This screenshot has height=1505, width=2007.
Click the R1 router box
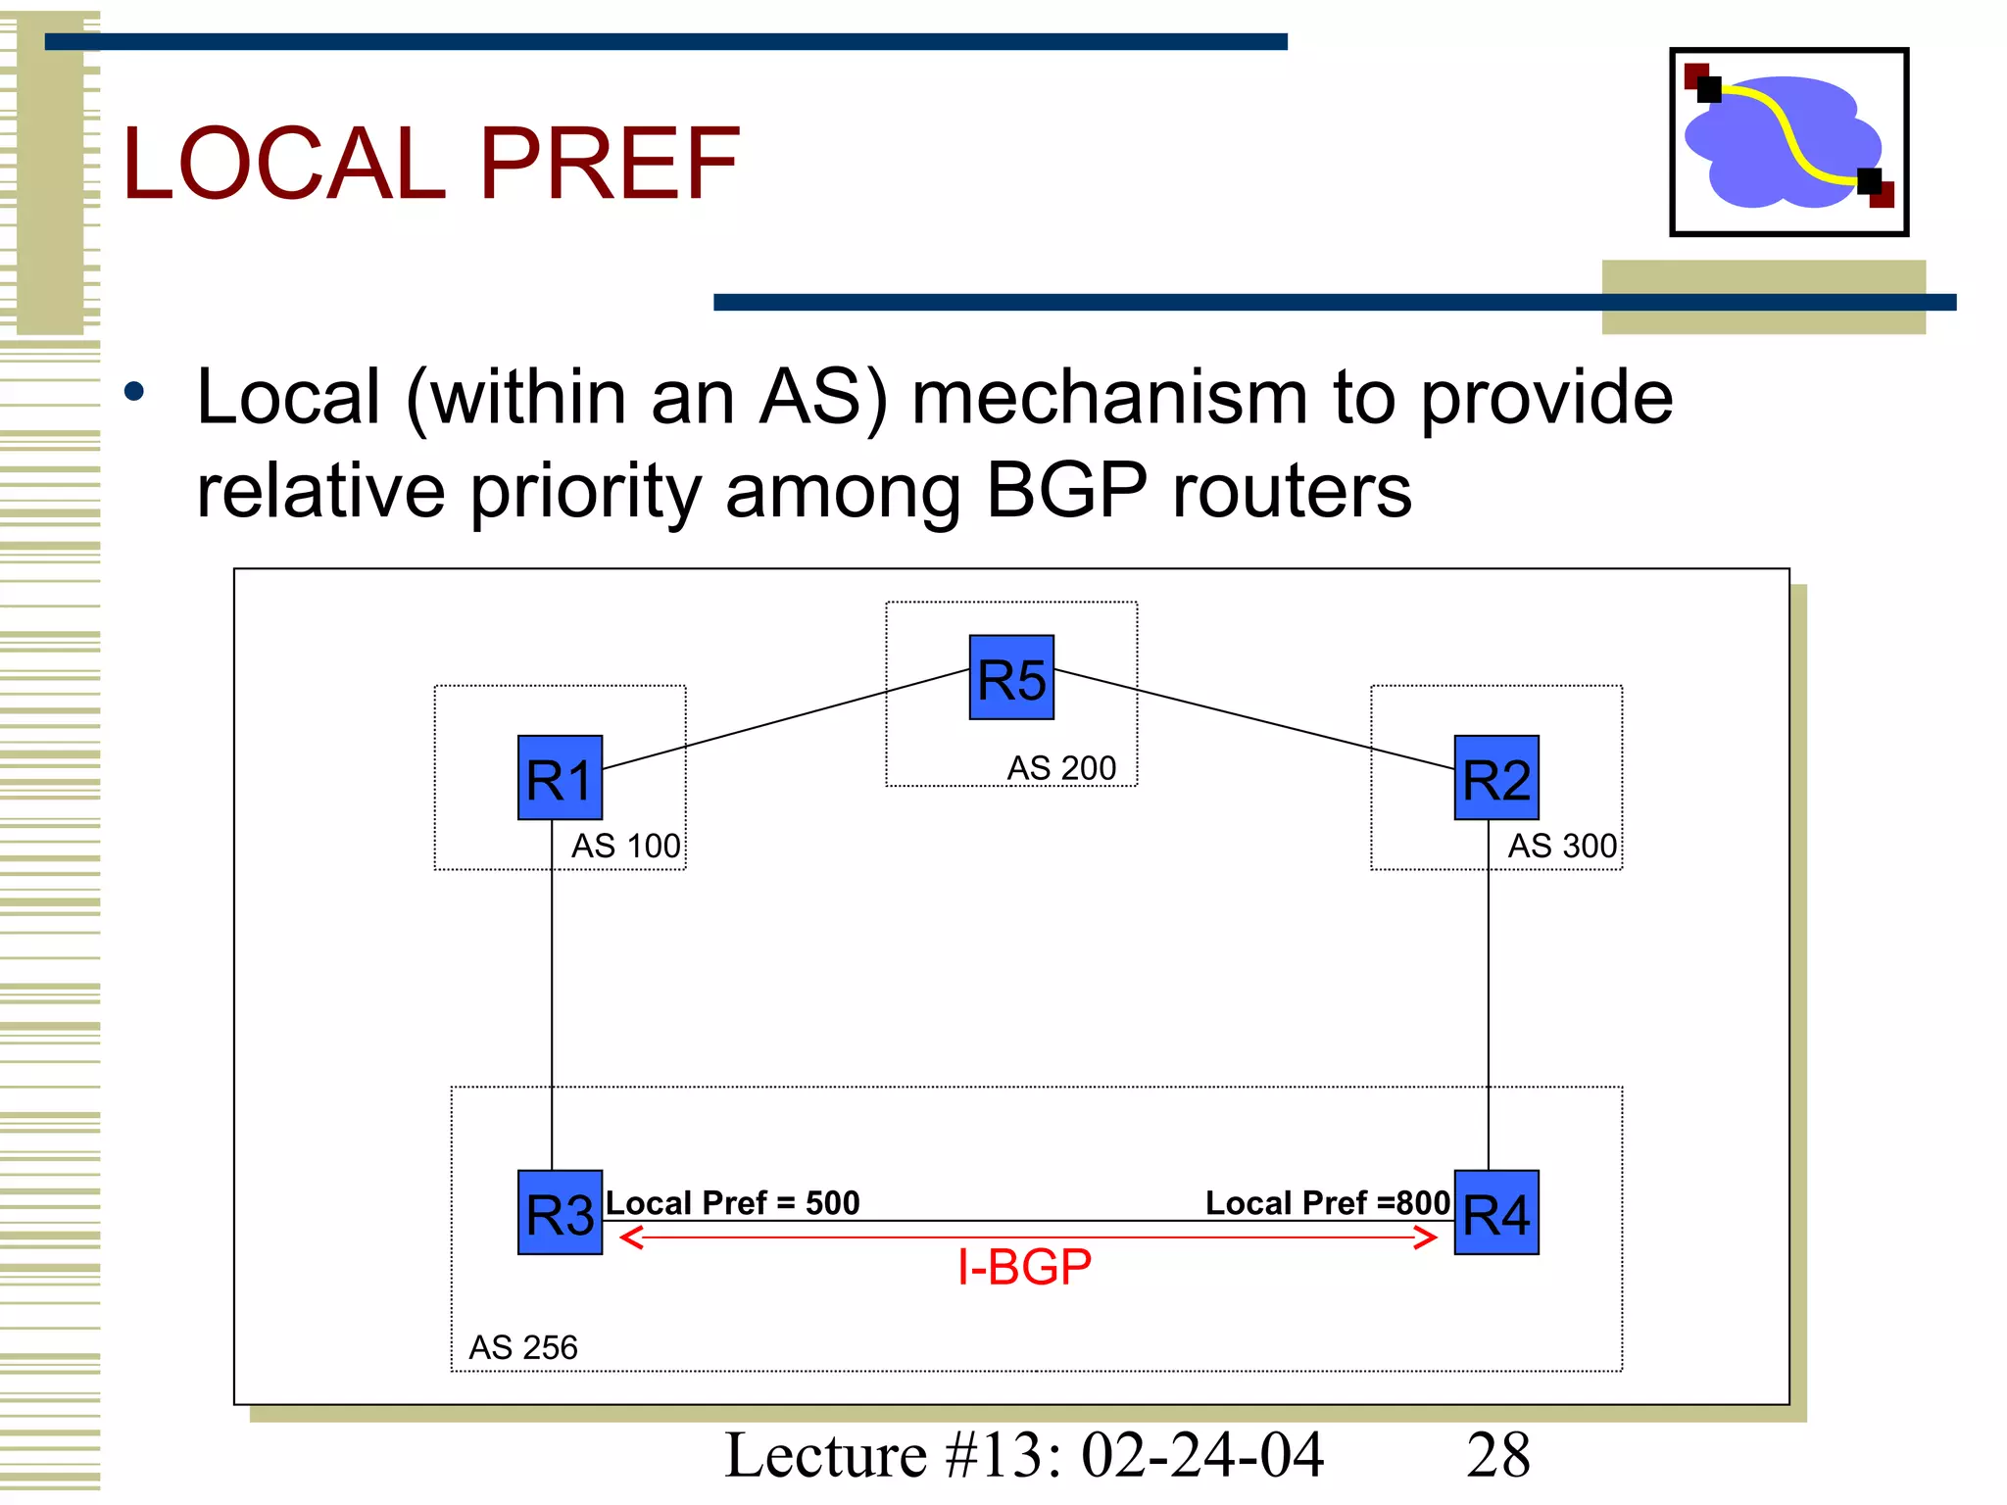(560, 777)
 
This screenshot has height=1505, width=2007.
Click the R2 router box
(1495, 777)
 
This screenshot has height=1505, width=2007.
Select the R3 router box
(560, 1212)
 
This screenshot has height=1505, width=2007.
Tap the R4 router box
(1495, 1212)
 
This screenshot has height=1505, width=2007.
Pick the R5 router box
(1011, 677)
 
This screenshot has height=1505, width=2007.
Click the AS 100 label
(625, 846)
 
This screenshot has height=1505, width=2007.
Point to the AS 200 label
(1061, 768)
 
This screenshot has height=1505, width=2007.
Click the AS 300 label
(1562, 846)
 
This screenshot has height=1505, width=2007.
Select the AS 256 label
(523, 1347)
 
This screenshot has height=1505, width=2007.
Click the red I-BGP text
(1024, 1267)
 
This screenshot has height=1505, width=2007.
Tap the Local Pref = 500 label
(732, 1202)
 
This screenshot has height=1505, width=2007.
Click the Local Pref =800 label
(1327, 1202)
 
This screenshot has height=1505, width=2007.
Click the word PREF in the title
(610, 165)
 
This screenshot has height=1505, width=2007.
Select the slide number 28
(1497, 1455)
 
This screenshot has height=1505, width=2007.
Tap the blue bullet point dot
(134, 393)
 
